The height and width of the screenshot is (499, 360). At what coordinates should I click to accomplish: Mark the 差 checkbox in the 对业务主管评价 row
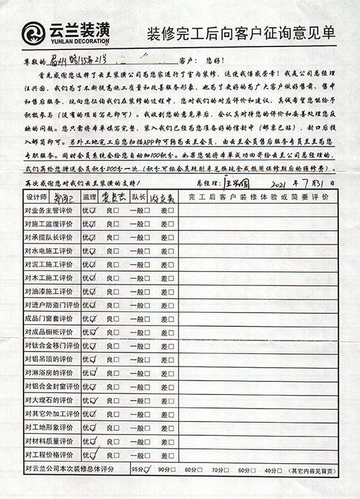coord(172,210)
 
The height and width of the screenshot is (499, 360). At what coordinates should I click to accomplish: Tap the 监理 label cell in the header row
coord(89,197)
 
